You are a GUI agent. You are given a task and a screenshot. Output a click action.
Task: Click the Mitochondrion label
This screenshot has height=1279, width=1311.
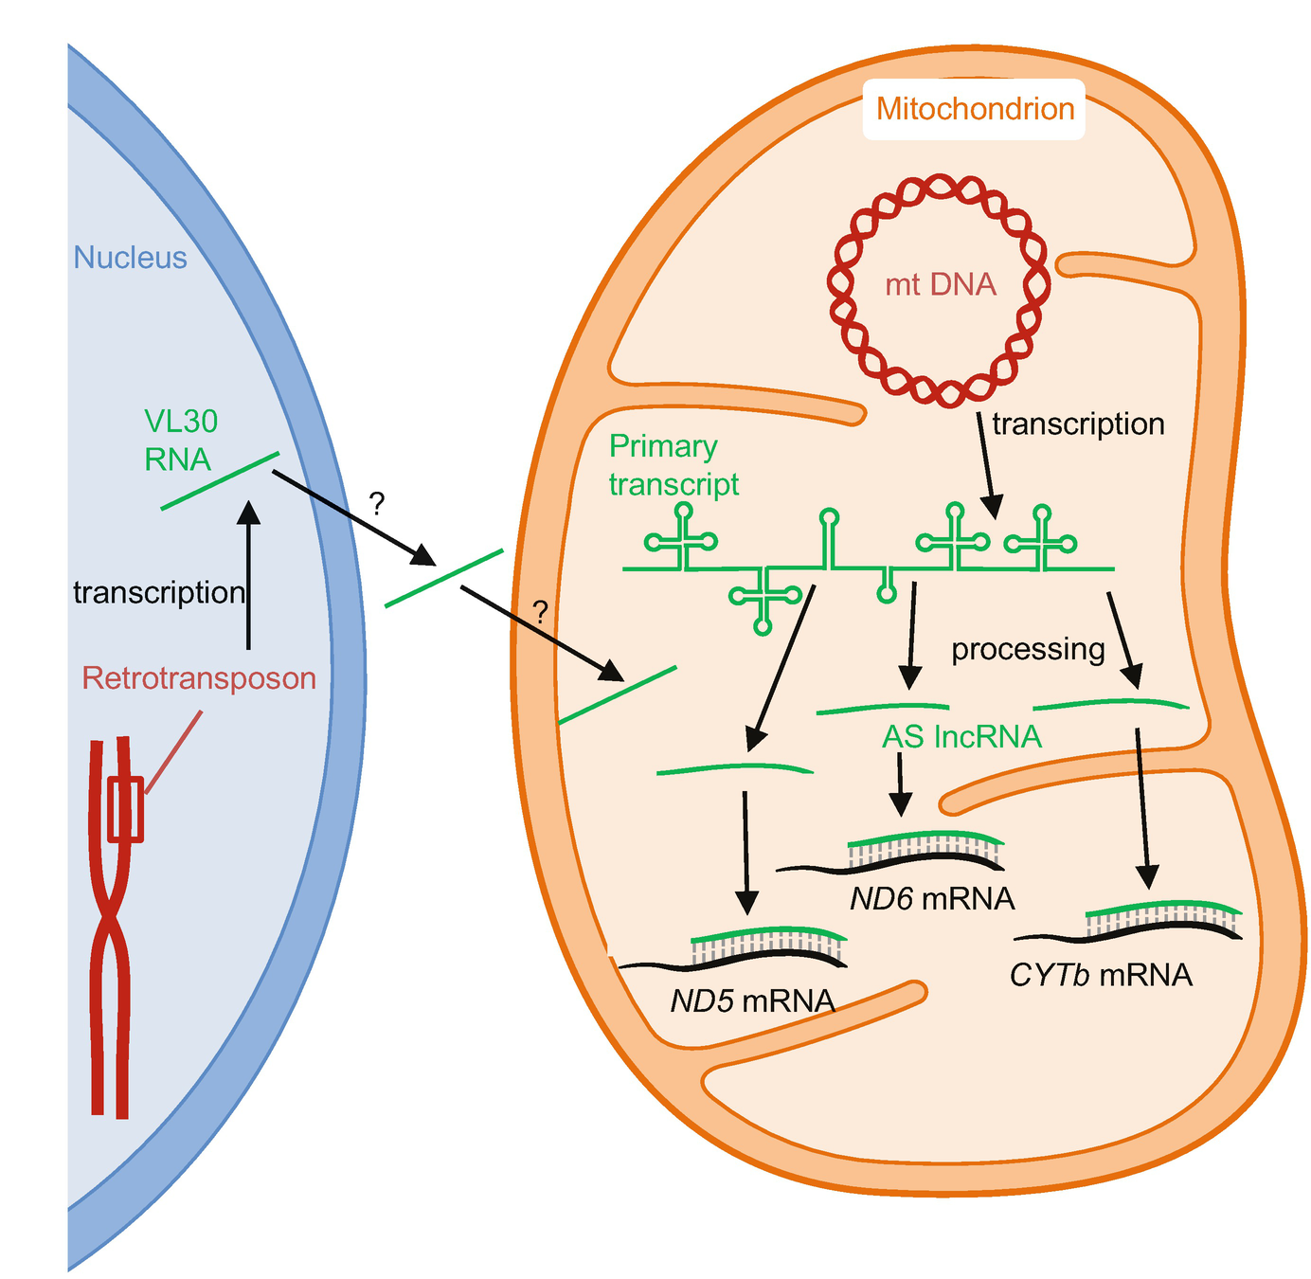coord(975,109)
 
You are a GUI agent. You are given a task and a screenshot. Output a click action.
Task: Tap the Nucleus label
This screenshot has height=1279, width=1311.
coord(131,258)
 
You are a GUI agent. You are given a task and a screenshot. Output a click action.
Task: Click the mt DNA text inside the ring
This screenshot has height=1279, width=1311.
coord(941,284)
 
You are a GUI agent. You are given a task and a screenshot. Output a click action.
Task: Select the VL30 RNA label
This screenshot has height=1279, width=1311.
coord(180,440)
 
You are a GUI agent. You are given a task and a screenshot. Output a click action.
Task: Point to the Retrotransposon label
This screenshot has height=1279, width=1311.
coord(199,678)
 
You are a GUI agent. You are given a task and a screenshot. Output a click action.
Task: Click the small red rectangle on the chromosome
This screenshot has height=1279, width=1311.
coord(125,809)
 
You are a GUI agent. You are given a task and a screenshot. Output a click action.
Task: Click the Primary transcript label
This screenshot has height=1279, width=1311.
coord(673,465)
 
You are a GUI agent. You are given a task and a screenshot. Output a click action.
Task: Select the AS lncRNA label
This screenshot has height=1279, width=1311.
coord(961,737)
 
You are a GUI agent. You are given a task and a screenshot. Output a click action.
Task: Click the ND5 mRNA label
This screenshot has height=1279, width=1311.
coord(752,1001)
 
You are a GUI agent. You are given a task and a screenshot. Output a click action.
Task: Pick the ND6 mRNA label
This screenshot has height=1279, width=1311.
coord(932,898)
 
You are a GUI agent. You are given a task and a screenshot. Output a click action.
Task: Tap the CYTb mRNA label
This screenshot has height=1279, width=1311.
coord(1101,975)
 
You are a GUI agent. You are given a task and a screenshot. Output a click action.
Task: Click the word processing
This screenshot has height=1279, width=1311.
coord(1028,649)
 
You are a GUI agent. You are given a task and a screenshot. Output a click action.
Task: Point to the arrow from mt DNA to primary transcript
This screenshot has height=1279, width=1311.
coord(986,464)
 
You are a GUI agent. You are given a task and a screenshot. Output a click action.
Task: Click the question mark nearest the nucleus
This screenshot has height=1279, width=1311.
coord(377,504)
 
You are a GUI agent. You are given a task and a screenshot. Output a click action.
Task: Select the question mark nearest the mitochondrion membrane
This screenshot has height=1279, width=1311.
coord(540,612)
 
